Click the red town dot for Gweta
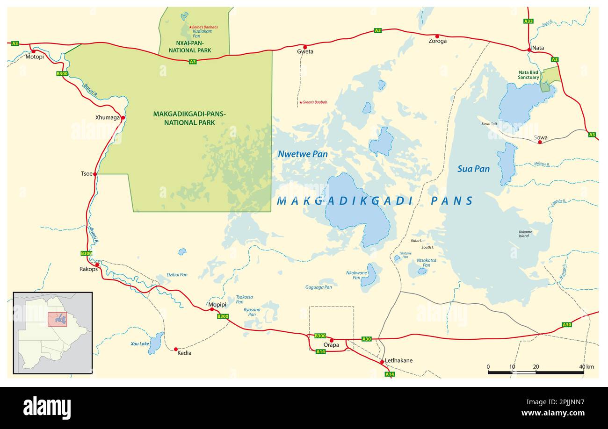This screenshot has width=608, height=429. pos(305,47)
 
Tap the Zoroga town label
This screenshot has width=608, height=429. pos(437,41)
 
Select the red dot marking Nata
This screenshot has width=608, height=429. pos(529,50)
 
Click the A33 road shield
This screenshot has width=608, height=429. pos(528,21)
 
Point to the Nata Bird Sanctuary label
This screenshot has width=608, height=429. pos(528,75)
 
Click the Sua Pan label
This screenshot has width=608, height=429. pos(473,169)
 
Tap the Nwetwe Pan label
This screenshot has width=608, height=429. pos(303,154)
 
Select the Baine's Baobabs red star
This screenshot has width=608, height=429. pos(190,27)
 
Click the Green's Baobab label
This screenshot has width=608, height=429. pos(314,102)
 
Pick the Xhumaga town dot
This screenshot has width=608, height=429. pos(123,118)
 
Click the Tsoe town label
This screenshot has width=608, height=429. pos(87,174)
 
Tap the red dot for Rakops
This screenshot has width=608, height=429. pos(97,265)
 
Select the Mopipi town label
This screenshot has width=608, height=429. pos(217,305)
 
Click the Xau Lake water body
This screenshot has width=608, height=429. pos(156,343)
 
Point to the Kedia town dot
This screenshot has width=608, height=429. pos(176,349)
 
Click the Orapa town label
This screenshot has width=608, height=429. pos(331,345)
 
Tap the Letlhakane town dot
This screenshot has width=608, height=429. pos(382,362)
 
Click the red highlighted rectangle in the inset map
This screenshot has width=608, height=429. pos(57,319)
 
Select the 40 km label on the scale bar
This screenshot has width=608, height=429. pos(586,367)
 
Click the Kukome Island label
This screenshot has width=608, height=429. pos(525,234)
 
